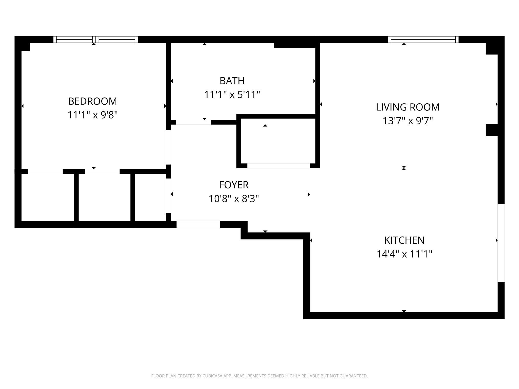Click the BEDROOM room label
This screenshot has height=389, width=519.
(x=92, y=101)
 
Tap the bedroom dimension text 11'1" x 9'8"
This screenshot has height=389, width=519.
(x=92, y=115)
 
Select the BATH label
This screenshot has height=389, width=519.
(x=232, y=81)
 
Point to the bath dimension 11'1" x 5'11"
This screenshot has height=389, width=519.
(x=232, y=95)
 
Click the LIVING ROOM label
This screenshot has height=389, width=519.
(x=407, y=107)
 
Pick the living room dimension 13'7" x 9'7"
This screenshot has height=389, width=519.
(x=407, y=121)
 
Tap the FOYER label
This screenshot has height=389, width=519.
(x=234, y=185)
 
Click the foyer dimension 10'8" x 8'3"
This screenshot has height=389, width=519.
(x=234, y=199)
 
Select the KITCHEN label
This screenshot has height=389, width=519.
(x=404, y=240)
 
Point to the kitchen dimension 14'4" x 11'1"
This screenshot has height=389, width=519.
(x=404, y=254)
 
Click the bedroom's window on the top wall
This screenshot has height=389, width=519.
(x=96, y=40)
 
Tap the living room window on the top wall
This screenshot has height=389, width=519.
(x=423, y=40)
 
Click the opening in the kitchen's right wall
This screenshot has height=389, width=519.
(x=501, y=243)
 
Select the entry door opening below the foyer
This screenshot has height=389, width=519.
(x=198, y=224)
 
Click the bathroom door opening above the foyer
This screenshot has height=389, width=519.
(x=193, y=122)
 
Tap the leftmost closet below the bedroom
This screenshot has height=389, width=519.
(x=47, y=197)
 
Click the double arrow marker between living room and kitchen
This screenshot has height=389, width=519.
(x=404, y=168)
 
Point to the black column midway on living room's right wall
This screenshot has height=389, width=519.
(x=492, y=130)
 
